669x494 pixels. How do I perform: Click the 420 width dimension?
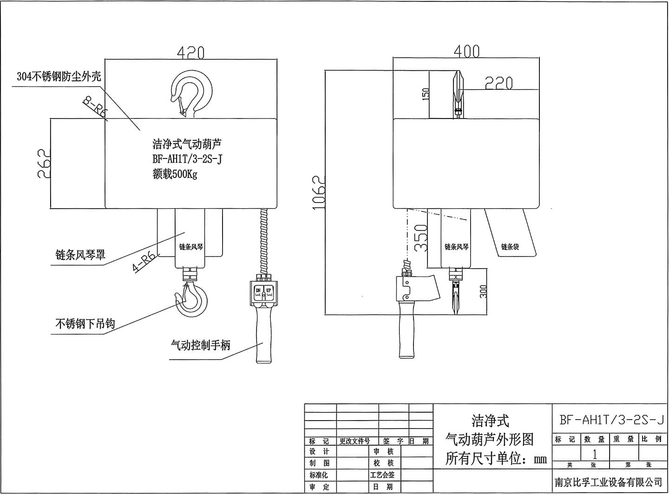190,53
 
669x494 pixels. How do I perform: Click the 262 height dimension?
43,163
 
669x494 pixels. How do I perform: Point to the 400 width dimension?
466,51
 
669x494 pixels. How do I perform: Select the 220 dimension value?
498,83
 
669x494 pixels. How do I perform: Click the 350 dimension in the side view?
420,237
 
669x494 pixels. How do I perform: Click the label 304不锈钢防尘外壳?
59,77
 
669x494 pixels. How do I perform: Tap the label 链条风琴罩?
80,255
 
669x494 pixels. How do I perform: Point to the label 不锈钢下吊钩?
85,324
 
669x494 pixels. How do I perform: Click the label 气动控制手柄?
201,345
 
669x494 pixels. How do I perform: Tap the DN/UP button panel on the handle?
263,292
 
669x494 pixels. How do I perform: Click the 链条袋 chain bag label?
510,246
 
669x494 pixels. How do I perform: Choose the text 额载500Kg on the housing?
175,175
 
